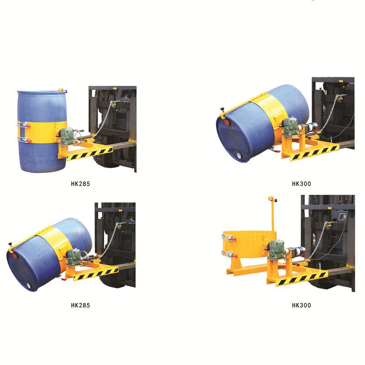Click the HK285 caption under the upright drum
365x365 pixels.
(x=80, y=184)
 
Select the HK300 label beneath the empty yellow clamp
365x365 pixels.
(x=302, y=305)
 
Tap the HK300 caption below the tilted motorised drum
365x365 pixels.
(x=302, y=184)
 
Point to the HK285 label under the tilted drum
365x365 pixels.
(x=80, y=305)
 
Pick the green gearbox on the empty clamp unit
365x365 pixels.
(x=276, y=250)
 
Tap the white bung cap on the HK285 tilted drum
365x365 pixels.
(x=28, y=285)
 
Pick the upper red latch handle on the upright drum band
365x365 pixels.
(x=27, y=126)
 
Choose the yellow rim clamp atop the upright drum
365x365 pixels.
(x=63, y=90)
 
